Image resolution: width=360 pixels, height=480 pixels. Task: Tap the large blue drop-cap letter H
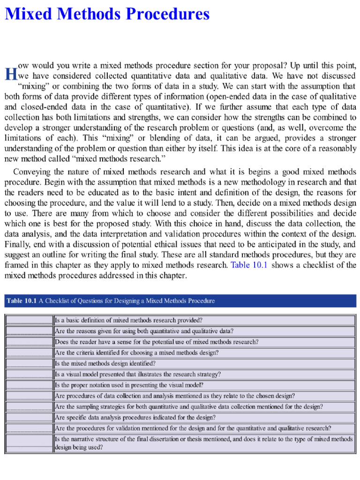coord(10,74)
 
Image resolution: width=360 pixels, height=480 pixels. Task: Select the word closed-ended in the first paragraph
coord(41,107)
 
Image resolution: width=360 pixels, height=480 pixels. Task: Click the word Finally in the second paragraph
coord(17,244)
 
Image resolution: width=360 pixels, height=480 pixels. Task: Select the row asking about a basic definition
coord(128,321)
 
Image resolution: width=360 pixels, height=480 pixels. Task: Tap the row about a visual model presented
coord(138,374)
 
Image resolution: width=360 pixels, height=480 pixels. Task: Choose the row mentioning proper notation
coord(129,385)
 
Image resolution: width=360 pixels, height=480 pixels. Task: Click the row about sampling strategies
coord(188,407)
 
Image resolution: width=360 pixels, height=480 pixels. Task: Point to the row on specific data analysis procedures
coord(135,417)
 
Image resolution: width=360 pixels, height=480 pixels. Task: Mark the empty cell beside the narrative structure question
coord(29,443)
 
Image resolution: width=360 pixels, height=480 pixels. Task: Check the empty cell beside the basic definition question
coord(29,321)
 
